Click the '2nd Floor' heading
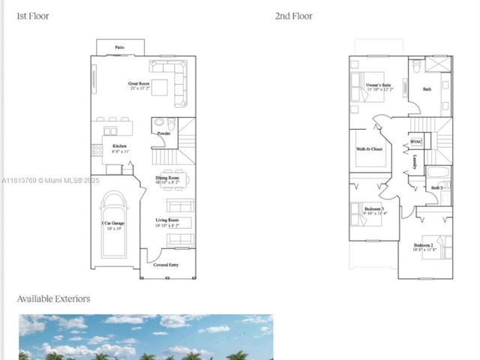pyautogui.click(x=294, y=16)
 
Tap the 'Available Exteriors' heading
pyautogui.click(x=53, y=298)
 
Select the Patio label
pyautogui.click(x=119, y=47)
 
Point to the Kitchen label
pyautogui.click(x=119, y=146)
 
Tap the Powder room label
pyautogui.click(x=163, y=133)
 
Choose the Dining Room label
pyautogui.click(x=166, y=178)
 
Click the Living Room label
pyautogui.click(x=166, y=220)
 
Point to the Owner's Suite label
pyautogui.click(x=379, y=86)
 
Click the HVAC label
pyautogui.click(x=416, y=142)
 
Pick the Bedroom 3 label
pyautogui.click(x=373, y=208)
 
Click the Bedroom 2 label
pyautogui.click(x=423, y=245)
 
